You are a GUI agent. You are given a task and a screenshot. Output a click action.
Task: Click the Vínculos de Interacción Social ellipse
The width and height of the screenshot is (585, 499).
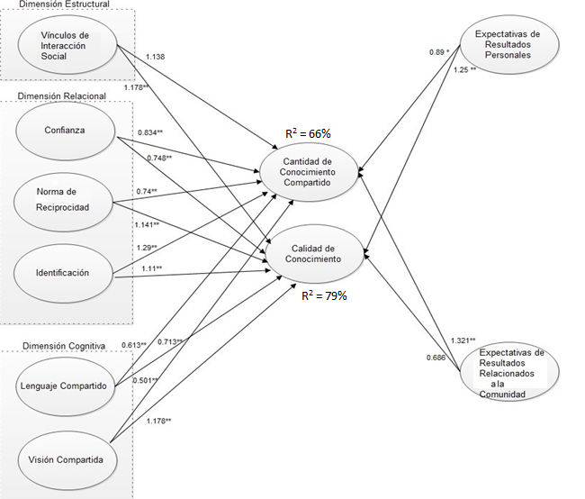point(66,43)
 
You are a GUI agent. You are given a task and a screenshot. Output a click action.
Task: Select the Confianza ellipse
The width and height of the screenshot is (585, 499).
point(66,130)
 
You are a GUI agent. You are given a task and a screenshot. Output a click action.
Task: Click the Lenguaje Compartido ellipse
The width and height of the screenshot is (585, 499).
point(66,386)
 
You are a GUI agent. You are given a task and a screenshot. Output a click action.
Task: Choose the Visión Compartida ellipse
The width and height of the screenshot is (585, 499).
point(66,460)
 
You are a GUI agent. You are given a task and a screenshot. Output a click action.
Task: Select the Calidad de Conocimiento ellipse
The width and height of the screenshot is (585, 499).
point(311,251)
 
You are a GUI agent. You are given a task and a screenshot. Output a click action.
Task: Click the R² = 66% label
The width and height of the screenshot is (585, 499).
point(308,133)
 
